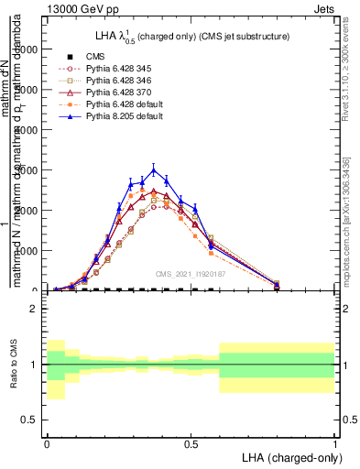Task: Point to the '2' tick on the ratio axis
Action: (x=34, y=309)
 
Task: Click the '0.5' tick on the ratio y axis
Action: (x=29, y=420)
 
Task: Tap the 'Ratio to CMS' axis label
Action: (x=13, y=365)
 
